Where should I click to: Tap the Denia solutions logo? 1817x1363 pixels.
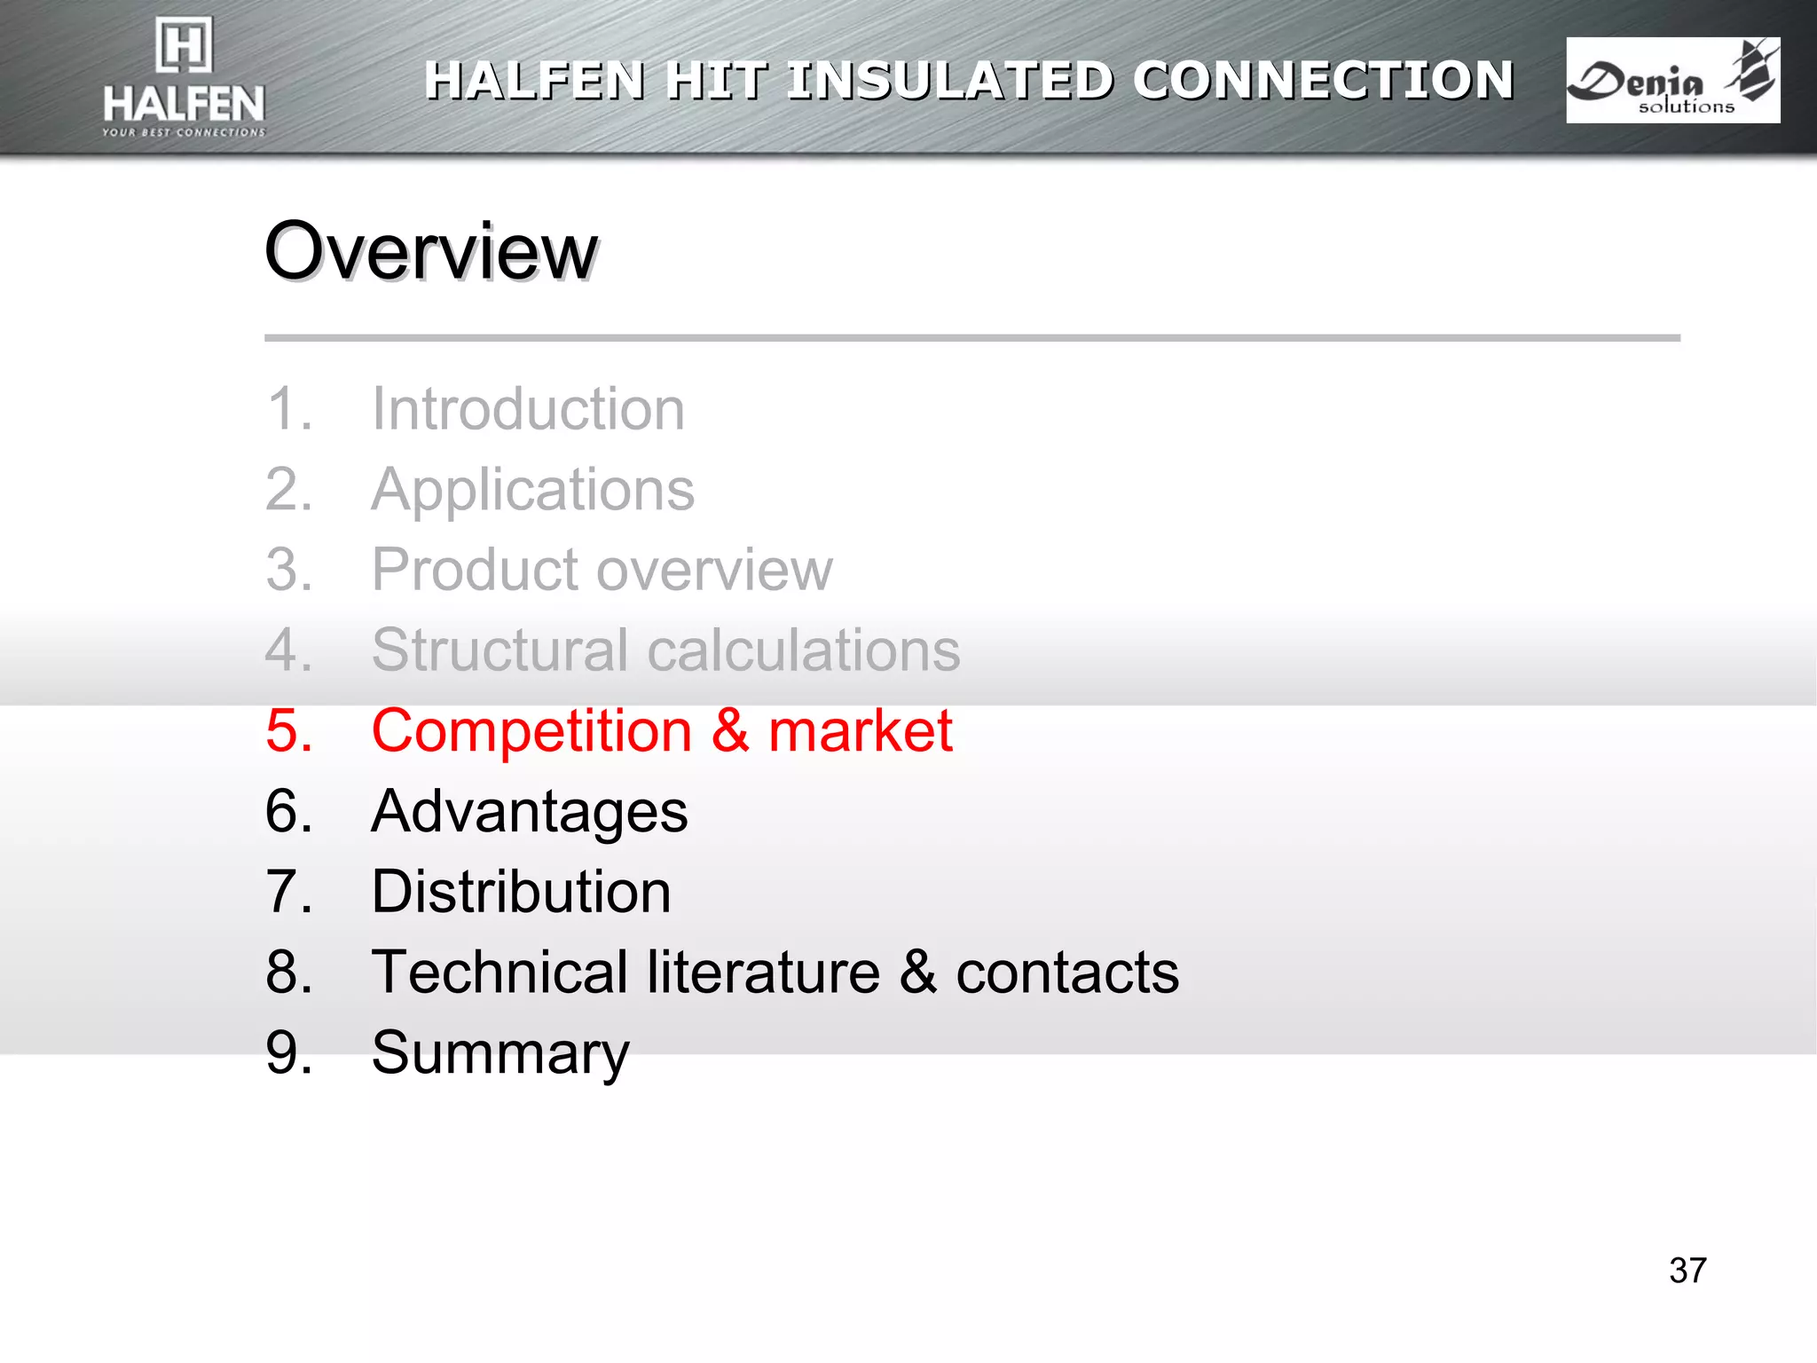[x=1672, y=81]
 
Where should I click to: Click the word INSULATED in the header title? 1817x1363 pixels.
[x=949, y=81]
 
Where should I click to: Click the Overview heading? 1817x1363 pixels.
[x=431, y=252]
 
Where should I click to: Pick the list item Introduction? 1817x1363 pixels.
[x=528, y=409]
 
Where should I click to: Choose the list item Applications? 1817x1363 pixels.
[x=532, y=490]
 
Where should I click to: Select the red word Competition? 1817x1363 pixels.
[x=531, y=731]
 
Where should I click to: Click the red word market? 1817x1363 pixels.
[x=860, y=731]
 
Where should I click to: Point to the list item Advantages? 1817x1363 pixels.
[x=529, y=812]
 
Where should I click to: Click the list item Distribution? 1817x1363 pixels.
[x=521, y=892]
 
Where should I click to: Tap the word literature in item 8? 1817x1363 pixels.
[x=763, y=973]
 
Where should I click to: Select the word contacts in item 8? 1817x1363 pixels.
[x=1067, y=973]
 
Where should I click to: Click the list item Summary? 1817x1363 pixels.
[x=500, y=1053]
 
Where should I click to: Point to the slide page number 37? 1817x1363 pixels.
[x=1687, y=1271]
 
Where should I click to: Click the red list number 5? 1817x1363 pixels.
[x=288, y=731]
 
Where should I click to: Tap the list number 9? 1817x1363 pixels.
[x=288, y=1053]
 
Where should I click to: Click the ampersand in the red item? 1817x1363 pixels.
[x=729, y=731]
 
